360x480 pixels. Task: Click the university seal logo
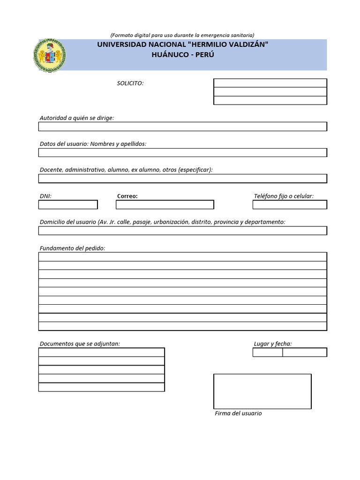click(49, 55)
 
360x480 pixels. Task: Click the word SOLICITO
click(130, 83)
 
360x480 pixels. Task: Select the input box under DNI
click(68, 205)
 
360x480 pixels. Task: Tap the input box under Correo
click(165, 205)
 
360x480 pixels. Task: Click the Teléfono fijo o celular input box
click(290, 205)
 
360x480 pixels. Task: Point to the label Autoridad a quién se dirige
click(77, 118)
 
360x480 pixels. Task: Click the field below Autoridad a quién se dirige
click(182, 127)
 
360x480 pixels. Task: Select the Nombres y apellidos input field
click(182, 152)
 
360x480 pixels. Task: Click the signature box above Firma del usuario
click(262, 391)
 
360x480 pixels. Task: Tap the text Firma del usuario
click(238, 413)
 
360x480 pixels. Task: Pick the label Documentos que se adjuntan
click(80, 344)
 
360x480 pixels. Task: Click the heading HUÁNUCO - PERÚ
click(183, 54)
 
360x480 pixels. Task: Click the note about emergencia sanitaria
click(182, 35)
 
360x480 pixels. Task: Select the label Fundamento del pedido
click(73, 248)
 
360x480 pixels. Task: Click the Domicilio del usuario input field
click(182, 231)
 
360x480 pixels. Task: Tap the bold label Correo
click(127, 196)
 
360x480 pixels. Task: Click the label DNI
click(45, 196)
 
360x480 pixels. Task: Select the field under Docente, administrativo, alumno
click(182, 178)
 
